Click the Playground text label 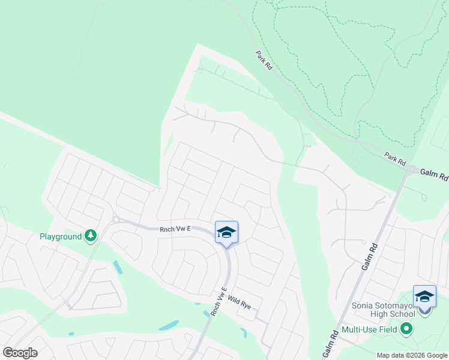[x=60, y=236]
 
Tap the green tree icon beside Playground [x=91, y=236]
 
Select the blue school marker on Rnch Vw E [x=226, y=232]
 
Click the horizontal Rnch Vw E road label [x=175, y=229]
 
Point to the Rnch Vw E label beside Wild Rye [x=218, y=302]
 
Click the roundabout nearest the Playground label [x=115, y=220]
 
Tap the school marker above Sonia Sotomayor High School [x=424, y=296]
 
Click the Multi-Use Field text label [x=369, y=329]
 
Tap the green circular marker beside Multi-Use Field [x=406, y=328]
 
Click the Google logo [x=20, y=353]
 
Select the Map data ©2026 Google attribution [x=411, y=355]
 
